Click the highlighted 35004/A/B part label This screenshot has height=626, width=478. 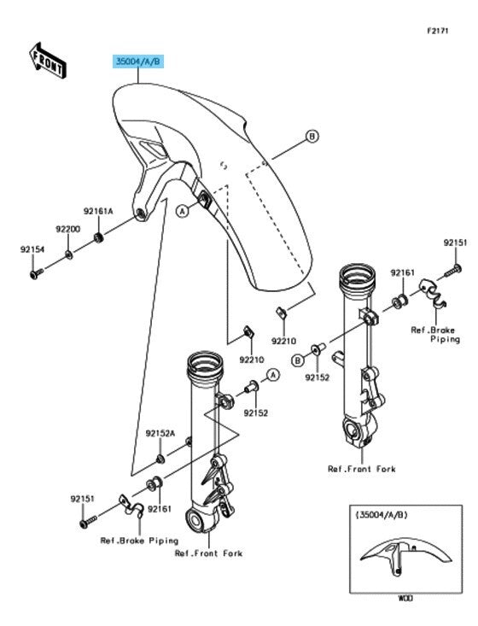[x=138, y=61]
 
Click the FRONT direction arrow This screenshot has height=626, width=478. [x=47, y=61]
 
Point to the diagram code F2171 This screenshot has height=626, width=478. [x=438, y=31]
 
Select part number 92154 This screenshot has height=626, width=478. [x=32, y=249]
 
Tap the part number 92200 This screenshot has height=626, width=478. [x=67, y=229]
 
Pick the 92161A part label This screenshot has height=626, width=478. [x=98, y=211]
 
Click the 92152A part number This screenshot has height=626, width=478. [x=160, y=434]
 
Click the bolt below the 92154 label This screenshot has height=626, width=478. [x=37, y=274]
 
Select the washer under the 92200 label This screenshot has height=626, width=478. [x=69, y=254]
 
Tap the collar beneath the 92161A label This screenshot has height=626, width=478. [x=98, y=238]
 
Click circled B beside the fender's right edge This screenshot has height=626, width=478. [x=312, y=137]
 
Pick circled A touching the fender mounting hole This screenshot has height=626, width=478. [x=183, y=210]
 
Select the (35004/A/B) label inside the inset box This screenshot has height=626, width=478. [x=382, y=515]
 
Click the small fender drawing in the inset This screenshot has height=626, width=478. [x=405, y=558]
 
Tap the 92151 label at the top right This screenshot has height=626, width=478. [x=455, y=243]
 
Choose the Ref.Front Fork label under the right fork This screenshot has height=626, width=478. [x=362, y=469]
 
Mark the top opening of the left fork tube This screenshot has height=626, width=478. [x=206, y=364]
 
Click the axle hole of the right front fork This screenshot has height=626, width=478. [x=352, y=430]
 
